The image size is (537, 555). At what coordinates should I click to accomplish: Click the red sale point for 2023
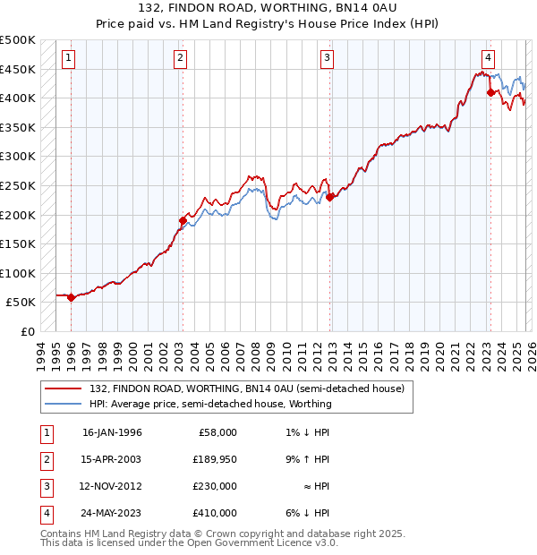click(490, 91)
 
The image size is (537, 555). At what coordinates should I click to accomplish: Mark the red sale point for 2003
click(183, 220)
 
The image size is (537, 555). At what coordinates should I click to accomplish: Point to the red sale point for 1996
click(72, 297)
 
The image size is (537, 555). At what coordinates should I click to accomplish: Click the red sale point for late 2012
click(329, 197)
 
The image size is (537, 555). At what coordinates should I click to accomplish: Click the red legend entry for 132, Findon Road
click(247, 388)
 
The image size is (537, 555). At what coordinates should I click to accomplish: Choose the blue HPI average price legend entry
click(210, 404)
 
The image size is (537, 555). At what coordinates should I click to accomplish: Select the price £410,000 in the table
click(215, 513)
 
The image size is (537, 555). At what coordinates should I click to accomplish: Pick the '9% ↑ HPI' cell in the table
click(303, 459)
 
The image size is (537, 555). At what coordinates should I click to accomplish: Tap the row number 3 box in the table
click(45, 486)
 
